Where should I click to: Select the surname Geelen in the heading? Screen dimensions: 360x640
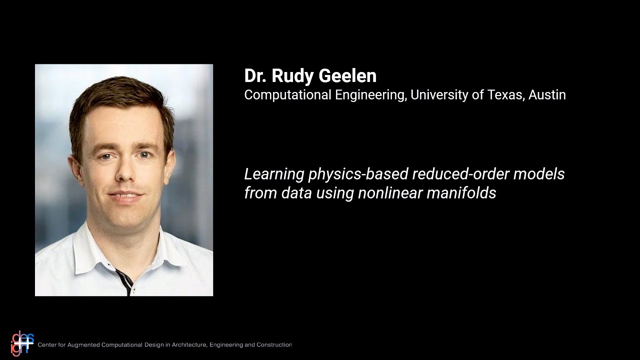pyautogui.click(x=349, y=76)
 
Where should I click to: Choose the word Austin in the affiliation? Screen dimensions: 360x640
pyautogui.click(x=547, y=94)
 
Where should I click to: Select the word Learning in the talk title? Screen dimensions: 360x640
pyautogui.click(x=274, y=174)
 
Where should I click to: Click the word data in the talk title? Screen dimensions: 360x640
pyautogui.click(x=296, y=193)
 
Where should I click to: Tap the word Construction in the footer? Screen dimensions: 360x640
pyautogui.click(x=274, y=345)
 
